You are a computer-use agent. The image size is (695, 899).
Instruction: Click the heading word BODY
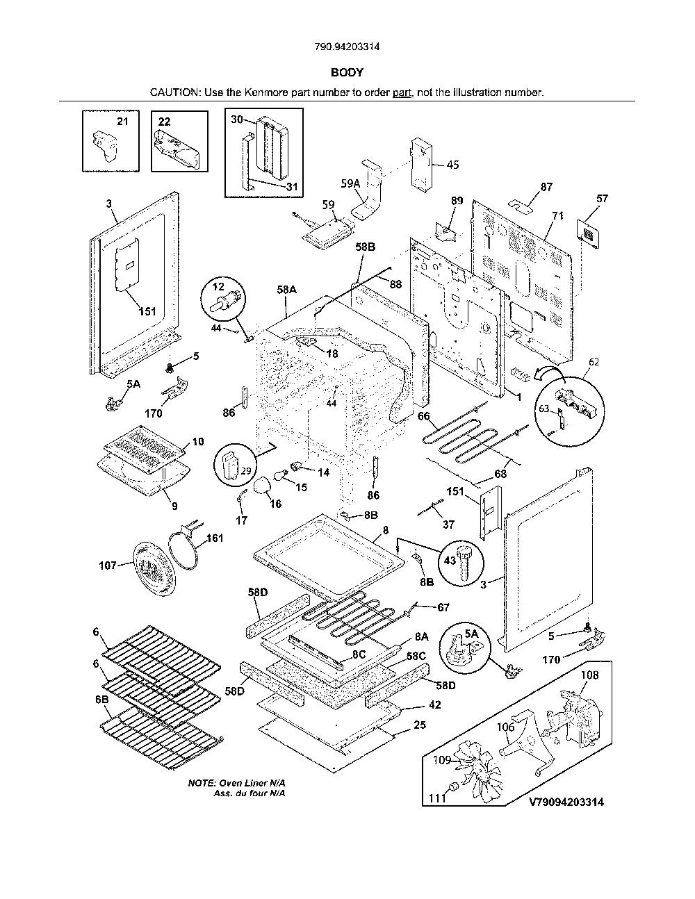[x=347, y=72]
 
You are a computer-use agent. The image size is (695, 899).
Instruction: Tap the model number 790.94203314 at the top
[x=347, y=47]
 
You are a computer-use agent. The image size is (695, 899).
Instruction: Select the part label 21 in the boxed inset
[x=122, y=121]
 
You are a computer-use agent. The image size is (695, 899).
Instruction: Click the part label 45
[x=453, y=165]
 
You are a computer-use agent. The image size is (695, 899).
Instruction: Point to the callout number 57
[x=602, y=199]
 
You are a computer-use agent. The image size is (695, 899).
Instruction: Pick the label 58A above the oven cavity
[x=286, y=290]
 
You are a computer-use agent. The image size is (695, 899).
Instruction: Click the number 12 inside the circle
[x=218, y=286]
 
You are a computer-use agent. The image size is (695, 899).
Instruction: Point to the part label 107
[x=108, y=565]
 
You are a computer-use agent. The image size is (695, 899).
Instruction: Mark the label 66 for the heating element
[x=424, y=415]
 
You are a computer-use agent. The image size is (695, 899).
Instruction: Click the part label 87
[x=546, y=187]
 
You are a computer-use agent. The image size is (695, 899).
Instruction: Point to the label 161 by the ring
[x=215, y=538]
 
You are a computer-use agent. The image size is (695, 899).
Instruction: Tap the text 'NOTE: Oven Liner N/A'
[x=236, y=783]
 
